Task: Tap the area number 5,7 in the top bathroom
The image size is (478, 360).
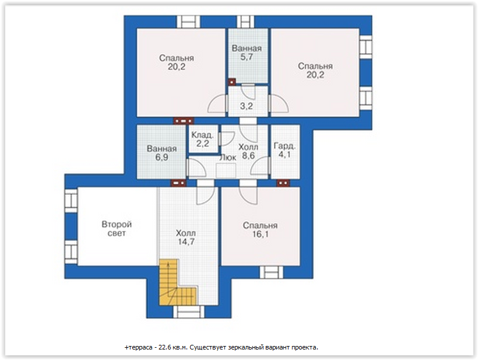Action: [x=247, y=57]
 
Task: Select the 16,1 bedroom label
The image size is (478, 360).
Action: [x=261, y=230]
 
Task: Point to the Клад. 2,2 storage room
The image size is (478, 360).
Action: [x=203, y=139]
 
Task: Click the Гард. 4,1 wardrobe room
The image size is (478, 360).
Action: [x=285, y=151]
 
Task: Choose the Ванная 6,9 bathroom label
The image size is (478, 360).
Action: [x=162, y=153]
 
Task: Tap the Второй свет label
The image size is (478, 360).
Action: [x=117, y=229]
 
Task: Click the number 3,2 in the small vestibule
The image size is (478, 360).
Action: [x=247, y=106]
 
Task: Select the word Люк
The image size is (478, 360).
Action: [x=228, y=158]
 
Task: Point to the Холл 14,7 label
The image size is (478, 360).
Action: [x=186, y=237]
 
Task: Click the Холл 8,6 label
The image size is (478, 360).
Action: [x=248, y=151]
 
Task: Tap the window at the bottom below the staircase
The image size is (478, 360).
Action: [x=189, y=312]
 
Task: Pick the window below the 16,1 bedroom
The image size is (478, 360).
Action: [x=271, y=272]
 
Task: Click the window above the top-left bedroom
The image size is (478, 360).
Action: [x=189, y=22]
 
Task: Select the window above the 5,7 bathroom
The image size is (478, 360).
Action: [x=246, y=22]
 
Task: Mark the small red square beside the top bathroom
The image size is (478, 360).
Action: [x=232, y=82]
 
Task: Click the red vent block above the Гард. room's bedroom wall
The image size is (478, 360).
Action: [x=283, y=183]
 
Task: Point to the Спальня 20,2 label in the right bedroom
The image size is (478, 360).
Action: [x=315, y=71]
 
